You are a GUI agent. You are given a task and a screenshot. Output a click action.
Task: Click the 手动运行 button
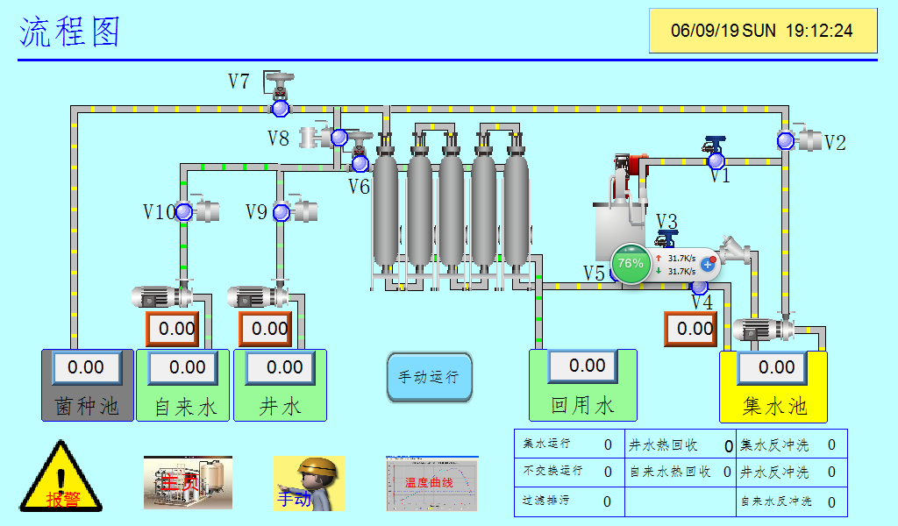[x=430, y=378]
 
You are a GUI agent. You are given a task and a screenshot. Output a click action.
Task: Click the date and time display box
[x=762, y=31]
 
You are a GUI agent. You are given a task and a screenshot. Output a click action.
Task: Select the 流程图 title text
[x=70, y=32]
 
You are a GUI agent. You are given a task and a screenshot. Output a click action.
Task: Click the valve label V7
[x=239, y=82]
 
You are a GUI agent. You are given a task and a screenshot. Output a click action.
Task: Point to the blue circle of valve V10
[x=184, y=211]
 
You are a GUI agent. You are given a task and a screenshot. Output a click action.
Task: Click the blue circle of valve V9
[x=281, y=212]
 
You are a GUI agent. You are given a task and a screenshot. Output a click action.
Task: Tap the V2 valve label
[x=835, y=143]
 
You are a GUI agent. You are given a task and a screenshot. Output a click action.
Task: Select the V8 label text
[x=278, y=139]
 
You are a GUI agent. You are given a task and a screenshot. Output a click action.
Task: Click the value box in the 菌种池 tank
[x=86, y=367]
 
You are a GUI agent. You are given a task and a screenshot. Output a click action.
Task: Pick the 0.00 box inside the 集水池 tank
[x=777, y=367]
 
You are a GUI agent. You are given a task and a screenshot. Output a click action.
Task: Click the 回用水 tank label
[x=582, y=406]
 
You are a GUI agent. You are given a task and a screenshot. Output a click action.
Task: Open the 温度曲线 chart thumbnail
[x=432, y=483]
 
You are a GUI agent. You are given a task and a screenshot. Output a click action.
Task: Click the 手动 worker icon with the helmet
[x=309, y=483]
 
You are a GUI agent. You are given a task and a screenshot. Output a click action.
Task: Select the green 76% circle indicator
[x=630, y=263]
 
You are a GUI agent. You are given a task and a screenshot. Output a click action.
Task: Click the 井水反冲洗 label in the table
[x=775, y=473]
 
